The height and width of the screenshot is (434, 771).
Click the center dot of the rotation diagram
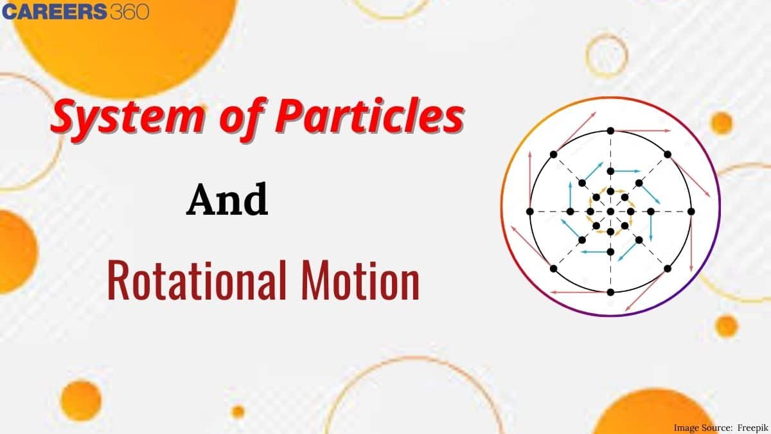tap(610, 211)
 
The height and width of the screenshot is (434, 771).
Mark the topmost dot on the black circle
tap(610, 131)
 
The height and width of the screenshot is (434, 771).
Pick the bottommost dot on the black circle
tap(610, 292)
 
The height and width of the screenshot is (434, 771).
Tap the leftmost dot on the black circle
tap(529, 211)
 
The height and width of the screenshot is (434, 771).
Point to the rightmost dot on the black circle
tap(691, 211)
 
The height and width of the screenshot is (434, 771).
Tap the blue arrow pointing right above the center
tap(626, 171)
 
